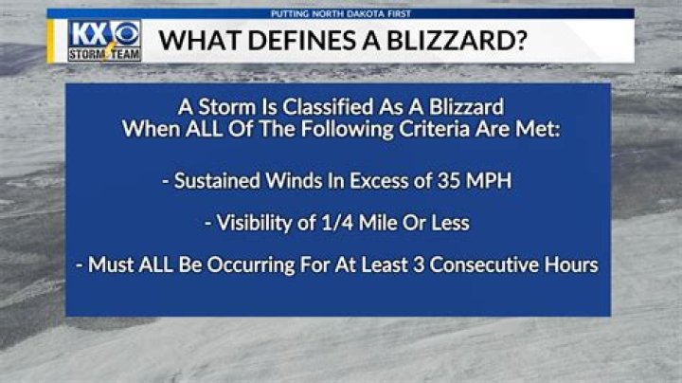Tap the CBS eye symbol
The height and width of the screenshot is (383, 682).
point(126,34)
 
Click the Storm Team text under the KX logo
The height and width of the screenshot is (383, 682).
point(104,55)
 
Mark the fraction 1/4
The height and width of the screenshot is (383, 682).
point(341,223)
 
